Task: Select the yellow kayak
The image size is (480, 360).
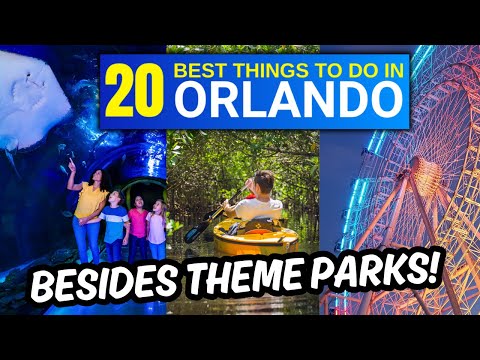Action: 256,236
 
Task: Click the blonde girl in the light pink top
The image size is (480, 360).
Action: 157,225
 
